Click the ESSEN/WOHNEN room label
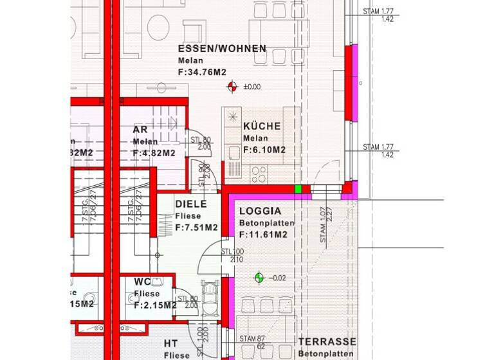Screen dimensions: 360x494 [x=222, y=49]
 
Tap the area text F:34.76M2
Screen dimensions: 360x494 [x=202, y=72]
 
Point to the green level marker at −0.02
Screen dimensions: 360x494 [x=259, y=278]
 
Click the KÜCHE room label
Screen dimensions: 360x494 [x=262, y=126]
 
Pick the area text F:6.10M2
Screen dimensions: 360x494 [x=264, y=150]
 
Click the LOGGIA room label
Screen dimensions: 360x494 [x=260, y=211]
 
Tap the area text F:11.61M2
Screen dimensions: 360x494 [x=263, y=235]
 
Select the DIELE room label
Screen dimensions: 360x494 [x=190, y=204]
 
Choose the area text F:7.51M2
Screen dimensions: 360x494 [x=196, y=228]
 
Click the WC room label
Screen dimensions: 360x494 [x=142, y=282]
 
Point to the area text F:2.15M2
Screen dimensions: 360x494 [x=155, y=305]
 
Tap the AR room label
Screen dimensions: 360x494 [x=140, y=129]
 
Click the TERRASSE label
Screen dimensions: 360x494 [x=327, y=342]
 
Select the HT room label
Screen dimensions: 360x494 [x=170, y=343]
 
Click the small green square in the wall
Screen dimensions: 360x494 [x=298, y=189]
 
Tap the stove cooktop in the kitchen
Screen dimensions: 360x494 [x=259, y=172]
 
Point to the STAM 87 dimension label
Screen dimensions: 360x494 [x=252, y=339]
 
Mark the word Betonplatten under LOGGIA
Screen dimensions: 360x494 [x=266, y=223]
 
